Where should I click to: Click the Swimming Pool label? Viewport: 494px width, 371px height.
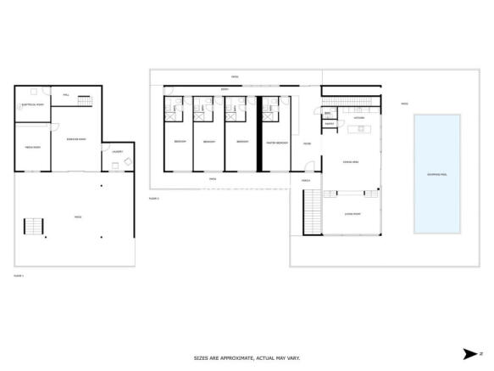click(438, 174)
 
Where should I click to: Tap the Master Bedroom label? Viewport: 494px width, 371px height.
click(277, 143)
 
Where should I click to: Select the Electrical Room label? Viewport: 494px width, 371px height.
click(32, 105)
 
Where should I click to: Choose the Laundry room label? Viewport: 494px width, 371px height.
click(116, 152)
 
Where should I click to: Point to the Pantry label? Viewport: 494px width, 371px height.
click(330, 123)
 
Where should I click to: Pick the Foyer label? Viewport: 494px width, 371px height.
click(307, 143)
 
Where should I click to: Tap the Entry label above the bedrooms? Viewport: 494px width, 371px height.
click(225, 89)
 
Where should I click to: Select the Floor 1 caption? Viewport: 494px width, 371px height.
click(18, 275)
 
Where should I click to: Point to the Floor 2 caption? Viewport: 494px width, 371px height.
click(153, 198)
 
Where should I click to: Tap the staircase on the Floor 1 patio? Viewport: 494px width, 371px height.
click(32, 226)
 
